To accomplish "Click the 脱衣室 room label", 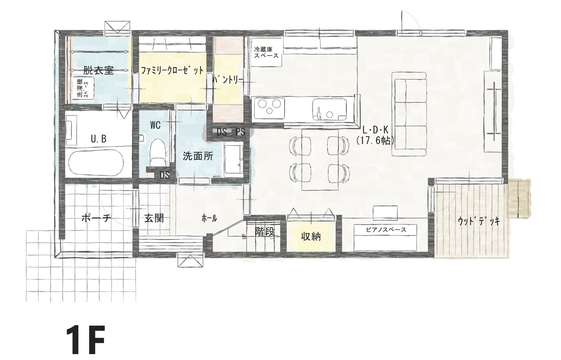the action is coord(98,70).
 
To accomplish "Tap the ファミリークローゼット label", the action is coord(172,71).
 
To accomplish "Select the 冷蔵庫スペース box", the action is coord(266,52).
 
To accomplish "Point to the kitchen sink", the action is coord(330,109).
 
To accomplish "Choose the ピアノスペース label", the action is coord(386,230).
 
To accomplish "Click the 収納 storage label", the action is coord(311,237).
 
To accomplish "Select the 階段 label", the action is coord(264,231).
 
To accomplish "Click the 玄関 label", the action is coord(154,218).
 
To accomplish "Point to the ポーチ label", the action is coord(96,219).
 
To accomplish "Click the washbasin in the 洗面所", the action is coord(233,160).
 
